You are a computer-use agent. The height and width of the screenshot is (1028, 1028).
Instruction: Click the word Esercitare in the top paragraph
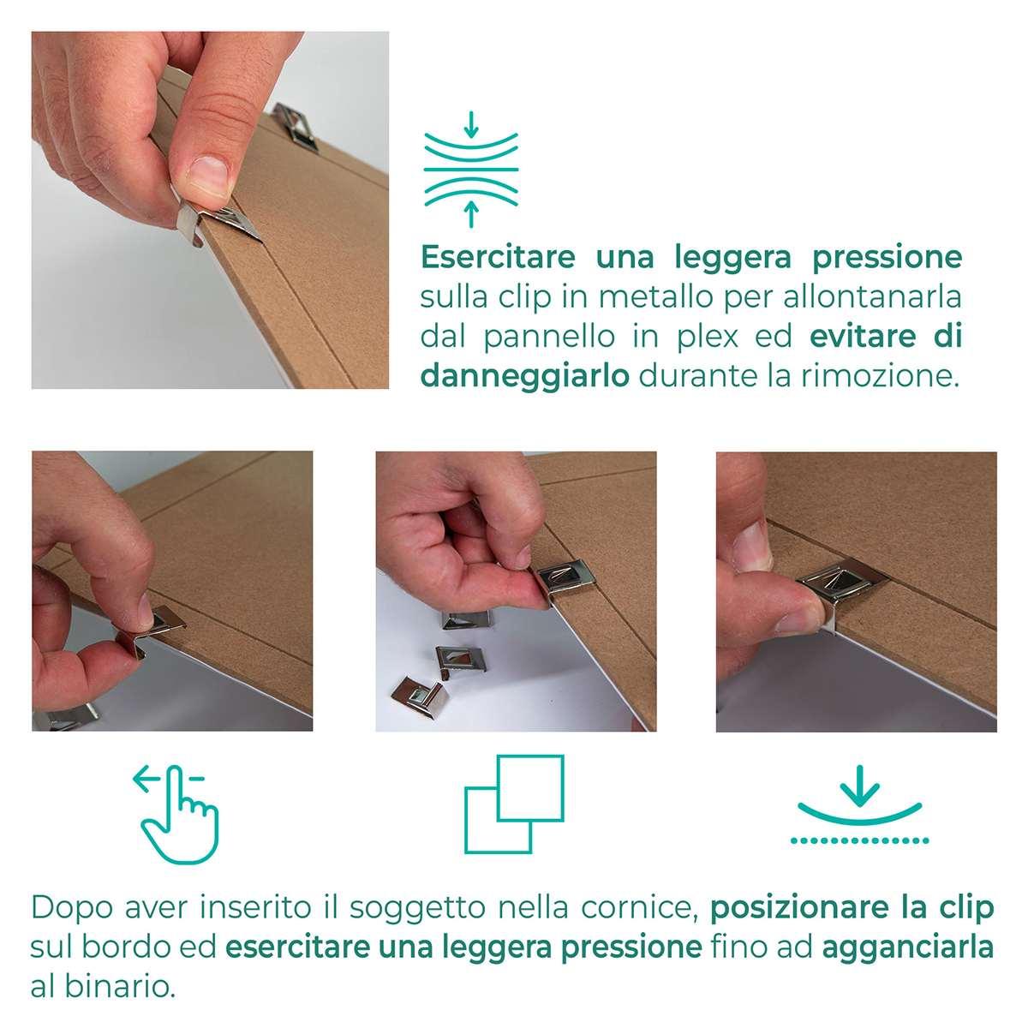pos(498,257)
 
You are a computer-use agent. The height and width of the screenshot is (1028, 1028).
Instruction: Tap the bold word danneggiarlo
pos(525,377)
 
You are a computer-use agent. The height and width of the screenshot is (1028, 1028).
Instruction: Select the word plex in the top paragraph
pos(707,338)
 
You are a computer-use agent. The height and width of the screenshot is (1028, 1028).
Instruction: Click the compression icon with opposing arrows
pos(470,170)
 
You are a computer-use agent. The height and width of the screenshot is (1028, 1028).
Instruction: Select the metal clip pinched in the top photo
pos(216,221)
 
